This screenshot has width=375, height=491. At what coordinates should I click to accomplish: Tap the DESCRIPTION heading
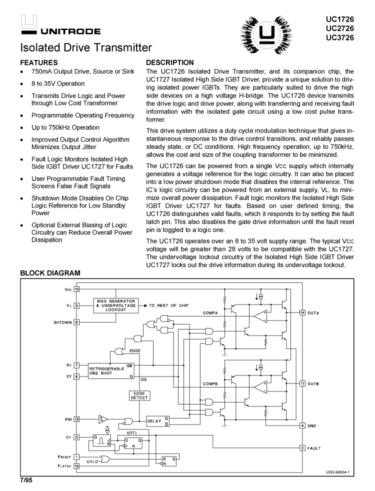pyautogui.click(x=169, y=63)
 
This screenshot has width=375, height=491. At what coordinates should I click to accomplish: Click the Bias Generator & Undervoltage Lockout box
pyautogui.click(x=115, y=305)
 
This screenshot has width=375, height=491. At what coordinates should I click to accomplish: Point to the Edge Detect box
pyautogui.click(x=139, y=395)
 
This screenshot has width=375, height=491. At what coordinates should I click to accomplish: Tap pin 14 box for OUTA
pyautogui.click(x=302, y=313)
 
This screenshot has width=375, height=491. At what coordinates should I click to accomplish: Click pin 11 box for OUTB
pyautogui.click(x=302, y=383)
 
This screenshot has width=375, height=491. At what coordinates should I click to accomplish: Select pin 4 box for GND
pyautogui.click(x=302, y=425)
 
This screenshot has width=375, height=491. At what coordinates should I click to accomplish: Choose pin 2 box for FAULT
pyautogui.click(x=302, y=447)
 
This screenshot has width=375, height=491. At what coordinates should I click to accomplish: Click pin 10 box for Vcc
pyautogui.click(x=76, y=289)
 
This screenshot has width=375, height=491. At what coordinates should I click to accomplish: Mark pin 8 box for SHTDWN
pyautogui.click(x=76, y=322)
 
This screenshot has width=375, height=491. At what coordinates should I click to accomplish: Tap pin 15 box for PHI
pyautogui.click(x=76, y=419)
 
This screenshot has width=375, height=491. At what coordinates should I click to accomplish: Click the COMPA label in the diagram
pyautogui.click(x=210, y=313)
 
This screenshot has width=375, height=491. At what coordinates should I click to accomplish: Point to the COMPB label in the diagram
pyautogui.click(x=210, y=383)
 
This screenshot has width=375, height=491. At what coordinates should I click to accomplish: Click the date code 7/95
pyautogui.click(x=26, y=481)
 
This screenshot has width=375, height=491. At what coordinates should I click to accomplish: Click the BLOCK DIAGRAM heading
pyautogui.click(x=49, y=273)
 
